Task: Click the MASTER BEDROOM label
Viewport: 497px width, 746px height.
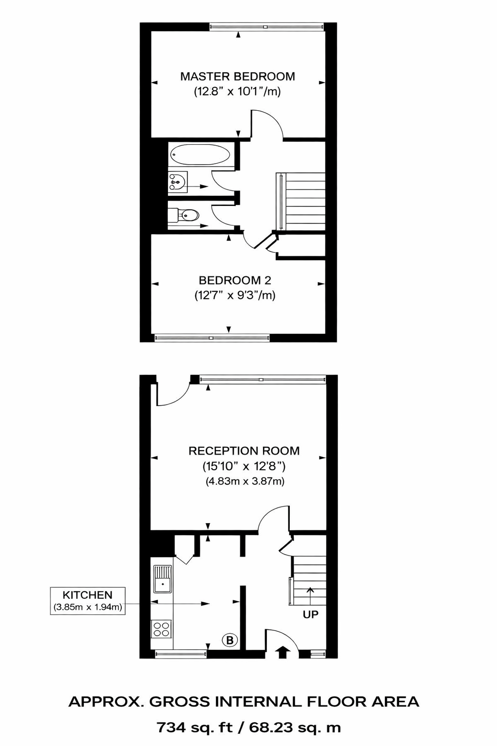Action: (237, 76)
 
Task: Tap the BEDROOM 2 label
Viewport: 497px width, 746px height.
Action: (235, 280)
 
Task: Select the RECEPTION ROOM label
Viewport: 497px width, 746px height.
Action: (244, 451)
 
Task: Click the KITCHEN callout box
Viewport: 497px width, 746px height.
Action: (88, 601)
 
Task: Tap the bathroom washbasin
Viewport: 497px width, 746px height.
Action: (177, 183)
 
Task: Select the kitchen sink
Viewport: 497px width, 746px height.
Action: (163, 579)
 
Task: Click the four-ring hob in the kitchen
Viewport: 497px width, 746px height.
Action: (162, 629)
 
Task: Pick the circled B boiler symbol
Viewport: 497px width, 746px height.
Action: (230, 640)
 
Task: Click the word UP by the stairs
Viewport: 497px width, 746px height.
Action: (311, 614)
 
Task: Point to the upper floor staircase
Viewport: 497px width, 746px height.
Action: (303, 201)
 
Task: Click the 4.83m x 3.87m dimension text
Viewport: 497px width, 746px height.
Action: (245, 481)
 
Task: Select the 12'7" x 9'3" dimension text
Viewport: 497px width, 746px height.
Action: (235, 295)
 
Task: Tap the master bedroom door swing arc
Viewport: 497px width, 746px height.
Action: (272, 124)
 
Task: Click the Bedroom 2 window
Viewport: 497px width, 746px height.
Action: (212, 338)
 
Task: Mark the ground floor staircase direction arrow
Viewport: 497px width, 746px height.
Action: (310, 595)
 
